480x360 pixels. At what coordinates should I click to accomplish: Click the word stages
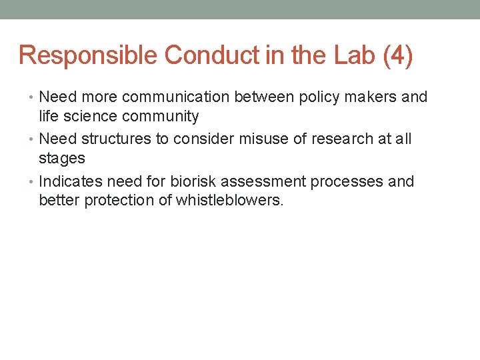[x=62, y=159]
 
